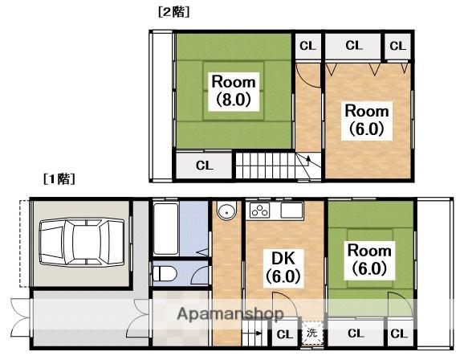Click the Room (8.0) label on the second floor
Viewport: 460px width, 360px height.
tap(234, 91)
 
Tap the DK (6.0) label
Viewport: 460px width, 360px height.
tap(283, 267)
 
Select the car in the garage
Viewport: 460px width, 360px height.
tap(82, 242)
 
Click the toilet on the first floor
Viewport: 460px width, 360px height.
tap(165, 274)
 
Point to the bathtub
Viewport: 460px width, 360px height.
tap(165, 229)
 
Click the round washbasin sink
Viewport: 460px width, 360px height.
tap(226, 211)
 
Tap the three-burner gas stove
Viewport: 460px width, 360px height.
tap(259, 211)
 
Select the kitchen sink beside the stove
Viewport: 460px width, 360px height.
tap(291, 211)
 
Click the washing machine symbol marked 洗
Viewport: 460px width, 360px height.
tap(312, 333)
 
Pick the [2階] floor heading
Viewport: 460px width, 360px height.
tap(173, 12)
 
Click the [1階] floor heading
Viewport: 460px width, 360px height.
tap(59, 178)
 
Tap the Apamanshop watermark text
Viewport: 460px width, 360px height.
tap(230, 314)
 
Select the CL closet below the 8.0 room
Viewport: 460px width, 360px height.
tap(205, 166)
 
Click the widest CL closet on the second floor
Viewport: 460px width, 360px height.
tap(354, 46)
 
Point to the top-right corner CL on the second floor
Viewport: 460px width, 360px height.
tap(397, 46)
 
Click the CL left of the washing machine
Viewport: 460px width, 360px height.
tap(284, 334)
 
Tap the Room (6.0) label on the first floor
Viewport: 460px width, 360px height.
tap(369, 260)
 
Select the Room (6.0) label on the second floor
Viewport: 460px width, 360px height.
tap(367, 120)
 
